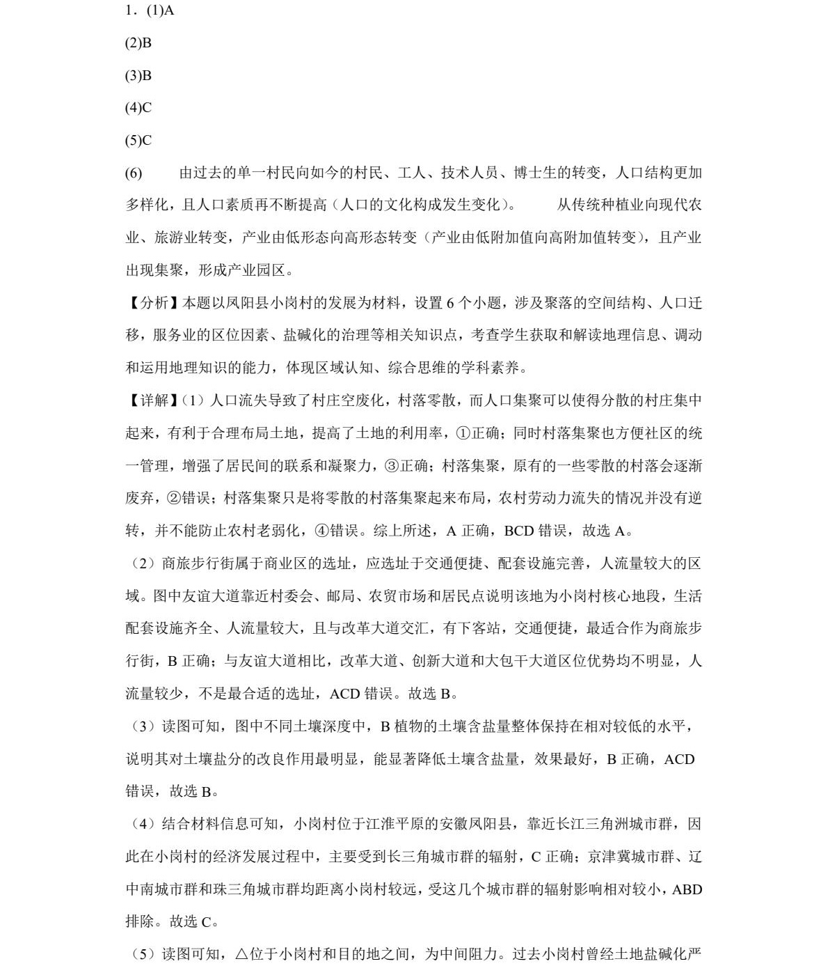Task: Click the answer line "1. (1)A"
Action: tap(150, 10)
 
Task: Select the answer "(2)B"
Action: tap(138, 43)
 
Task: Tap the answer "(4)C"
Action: tap(138, 108)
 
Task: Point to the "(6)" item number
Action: tap(134, 173)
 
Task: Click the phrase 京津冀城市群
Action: tap(630, 857)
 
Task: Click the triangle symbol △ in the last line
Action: tap(241, 954)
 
